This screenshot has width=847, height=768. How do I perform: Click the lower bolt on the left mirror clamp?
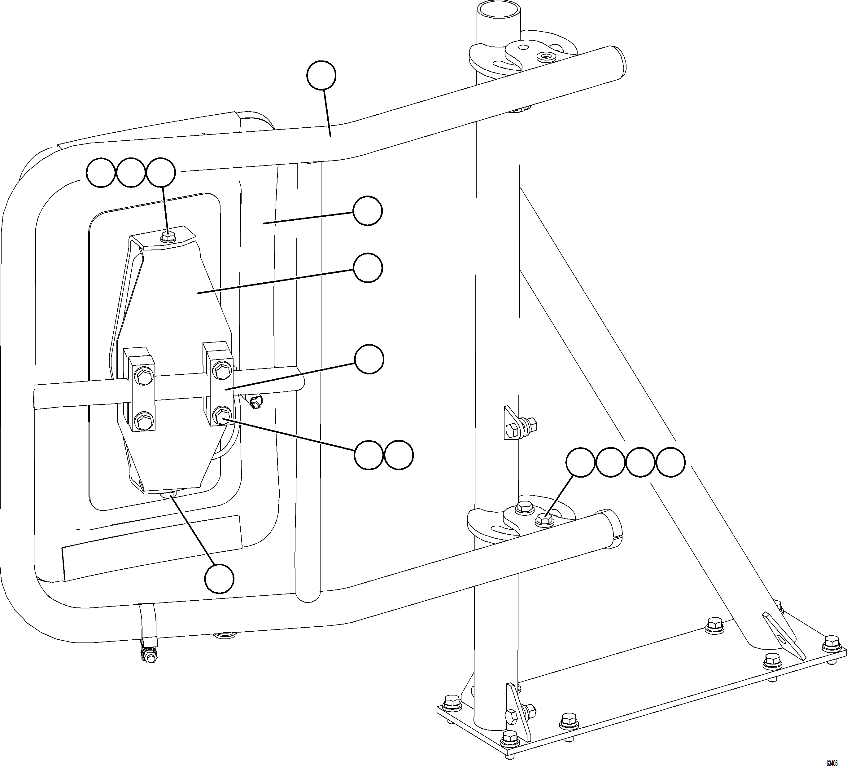click(144, 420)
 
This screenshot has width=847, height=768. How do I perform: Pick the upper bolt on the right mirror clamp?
click(221, 371)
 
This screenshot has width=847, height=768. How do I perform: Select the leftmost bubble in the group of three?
click(101, 173)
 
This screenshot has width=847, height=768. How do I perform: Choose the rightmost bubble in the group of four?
click(670, 462)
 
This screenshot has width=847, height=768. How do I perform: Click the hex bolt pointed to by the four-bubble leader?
click(544, 520)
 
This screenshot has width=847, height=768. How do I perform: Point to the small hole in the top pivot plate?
click(546, 56)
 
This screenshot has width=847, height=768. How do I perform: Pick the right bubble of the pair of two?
click(399, 455)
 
